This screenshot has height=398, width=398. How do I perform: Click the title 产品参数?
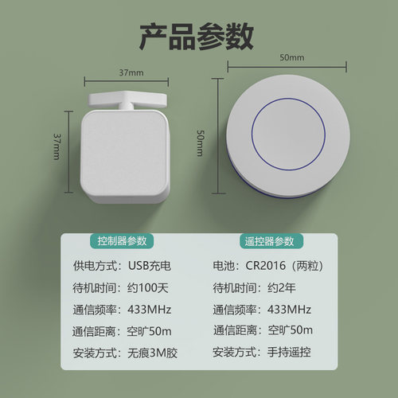[x=197, y=37]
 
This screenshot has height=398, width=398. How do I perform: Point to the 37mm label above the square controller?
[x=131, y=72]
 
